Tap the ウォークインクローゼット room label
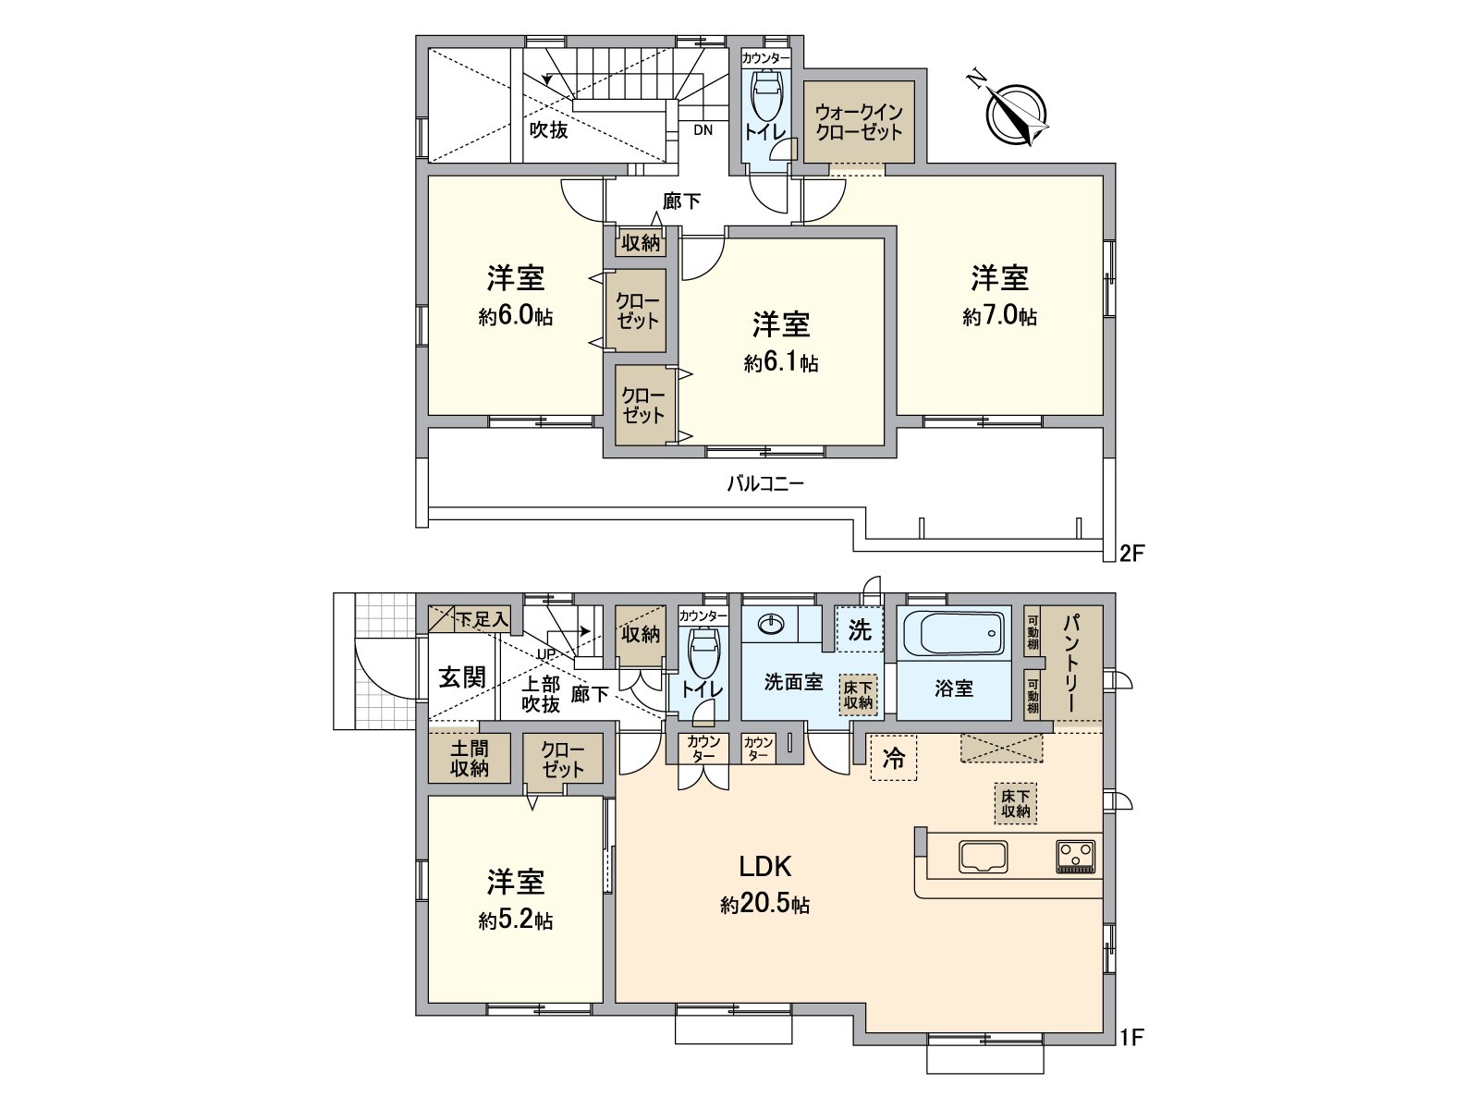(859, 122)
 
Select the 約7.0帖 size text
(999, 317)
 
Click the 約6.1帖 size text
(781, 363)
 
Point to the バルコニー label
(765, 483)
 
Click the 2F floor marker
(1132, 554)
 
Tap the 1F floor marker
(1132, 1037)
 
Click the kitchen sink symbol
(984, 856)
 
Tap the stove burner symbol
(1075, 855)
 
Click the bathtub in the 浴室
(953, 633)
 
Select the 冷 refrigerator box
(894, 759)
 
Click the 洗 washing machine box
(860, 631)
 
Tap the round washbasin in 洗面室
(770, 626)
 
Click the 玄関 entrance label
(461, 677)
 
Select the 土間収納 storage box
(469, 758)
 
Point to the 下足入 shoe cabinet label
(483, 619)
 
